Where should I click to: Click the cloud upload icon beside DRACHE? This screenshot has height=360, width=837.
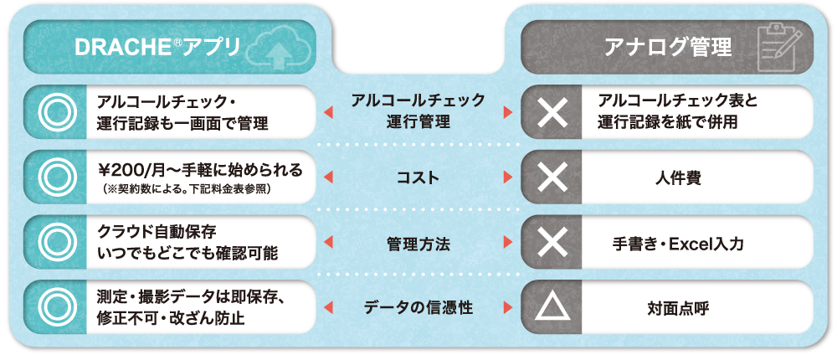pyautogui.click(x=276, y=48)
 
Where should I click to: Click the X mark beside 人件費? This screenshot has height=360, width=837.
pyautogui.click(x=552, y=177)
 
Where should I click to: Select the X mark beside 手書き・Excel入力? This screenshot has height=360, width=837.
pyautogui.click(x=552, y=243)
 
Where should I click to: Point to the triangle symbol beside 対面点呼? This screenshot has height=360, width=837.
pyautogui.click(x=552, y=307)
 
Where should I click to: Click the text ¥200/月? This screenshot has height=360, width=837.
pyautogui.click(x=127, y=171)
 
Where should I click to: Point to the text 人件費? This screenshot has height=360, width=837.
pyautogui.click(x=679, y=178)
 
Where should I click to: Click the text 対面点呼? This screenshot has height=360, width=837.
pyautogui.click(x=679, y=308)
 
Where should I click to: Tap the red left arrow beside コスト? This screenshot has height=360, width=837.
pyautogui.click(x=327, y=177)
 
